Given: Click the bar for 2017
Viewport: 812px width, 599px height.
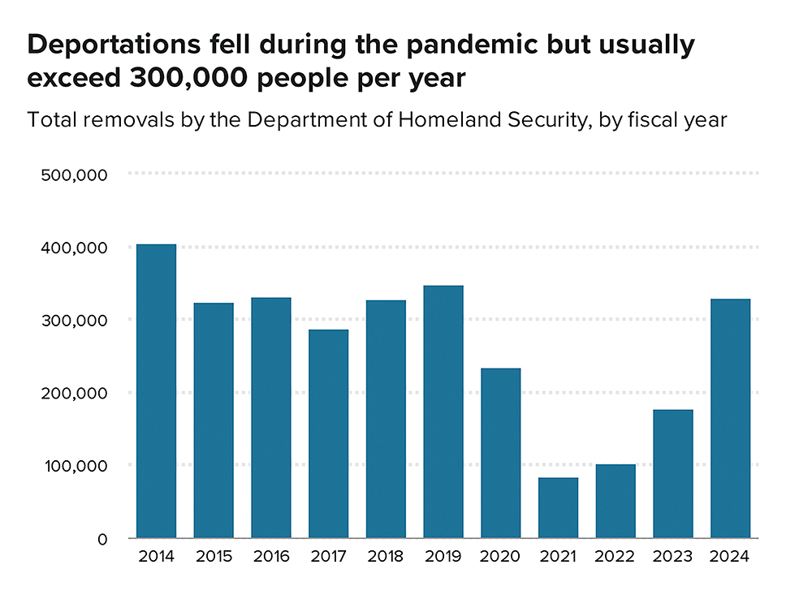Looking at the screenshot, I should (329, 433).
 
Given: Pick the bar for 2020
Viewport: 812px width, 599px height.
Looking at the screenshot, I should (501, 453).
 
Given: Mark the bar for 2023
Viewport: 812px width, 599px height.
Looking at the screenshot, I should (673, 473).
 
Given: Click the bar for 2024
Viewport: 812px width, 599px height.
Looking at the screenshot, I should (731, 418).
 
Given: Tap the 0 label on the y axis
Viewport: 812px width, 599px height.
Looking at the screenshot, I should (101, 539).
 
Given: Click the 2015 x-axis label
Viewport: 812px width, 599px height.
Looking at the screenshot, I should (214, 558).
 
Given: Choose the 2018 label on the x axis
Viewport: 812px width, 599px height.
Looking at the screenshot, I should (386, 558).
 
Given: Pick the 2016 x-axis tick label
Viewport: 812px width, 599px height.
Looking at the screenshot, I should (271, 558).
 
